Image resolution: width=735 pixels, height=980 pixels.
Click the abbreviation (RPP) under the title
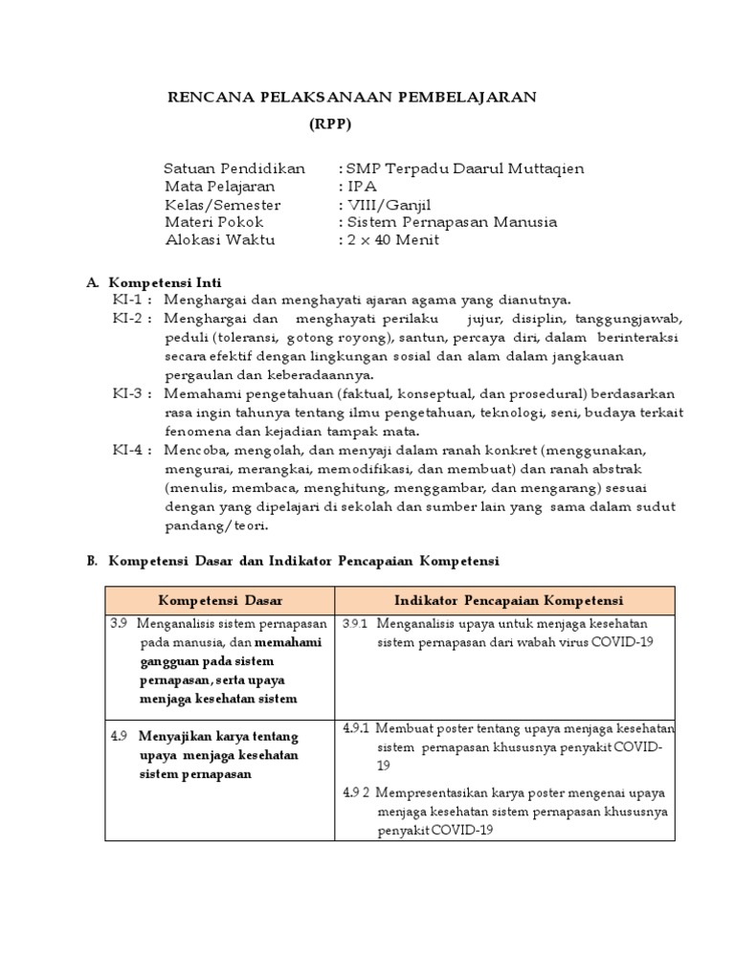pos(330,124)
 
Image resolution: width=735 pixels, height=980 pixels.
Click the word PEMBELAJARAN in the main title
pos(465,97)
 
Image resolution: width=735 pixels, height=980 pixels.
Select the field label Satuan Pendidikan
pos(234,169)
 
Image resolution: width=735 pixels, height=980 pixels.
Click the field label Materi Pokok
pos(213,222)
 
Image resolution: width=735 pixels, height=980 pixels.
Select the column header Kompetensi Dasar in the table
pos(219,601)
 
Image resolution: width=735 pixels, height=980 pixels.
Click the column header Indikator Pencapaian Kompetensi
pos(508,601)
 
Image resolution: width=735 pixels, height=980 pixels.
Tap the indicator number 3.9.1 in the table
pos(355,624)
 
